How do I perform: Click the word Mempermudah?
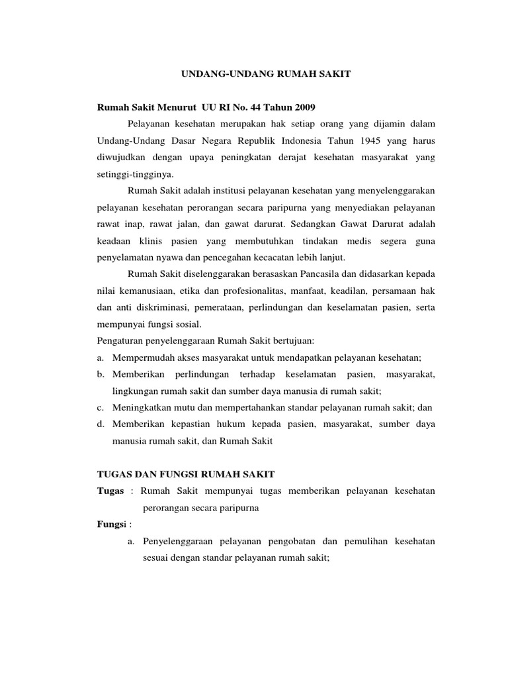[x=142, y=358]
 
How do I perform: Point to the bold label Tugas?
[x=110, y=492]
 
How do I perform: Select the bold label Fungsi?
[x=112, y=525]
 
